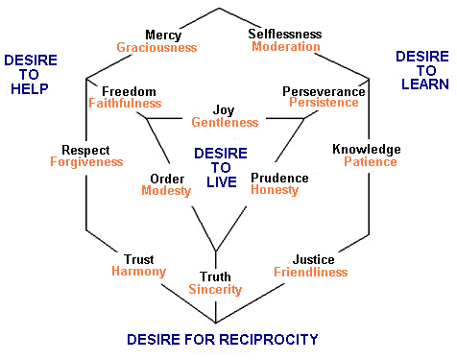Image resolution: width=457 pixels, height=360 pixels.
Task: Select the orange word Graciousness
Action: [156, 48]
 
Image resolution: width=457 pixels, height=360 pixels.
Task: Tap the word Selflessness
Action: [285, 34]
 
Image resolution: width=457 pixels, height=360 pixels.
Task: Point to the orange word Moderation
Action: [285, 47]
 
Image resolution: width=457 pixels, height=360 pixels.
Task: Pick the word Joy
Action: [225, 109]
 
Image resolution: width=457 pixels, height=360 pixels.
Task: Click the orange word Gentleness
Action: [225, 123]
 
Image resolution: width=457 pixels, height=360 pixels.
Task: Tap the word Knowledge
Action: [366, 149]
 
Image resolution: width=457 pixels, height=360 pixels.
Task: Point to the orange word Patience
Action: [370, 162]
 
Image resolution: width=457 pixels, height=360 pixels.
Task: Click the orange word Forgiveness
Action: [86, 163]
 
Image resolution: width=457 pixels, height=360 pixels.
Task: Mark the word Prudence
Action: [278, 178]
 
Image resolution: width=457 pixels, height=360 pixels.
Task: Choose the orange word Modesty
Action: [166, 191]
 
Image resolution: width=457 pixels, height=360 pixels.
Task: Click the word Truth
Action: [215, 276]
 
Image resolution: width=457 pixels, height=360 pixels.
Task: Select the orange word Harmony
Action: [137, 272]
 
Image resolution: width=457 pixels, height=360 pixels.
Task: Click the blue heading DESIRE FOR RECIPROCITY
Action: [222, 339]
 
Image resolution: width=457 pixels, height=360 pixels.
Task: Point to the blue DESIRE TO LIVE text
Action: [220, 168]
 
